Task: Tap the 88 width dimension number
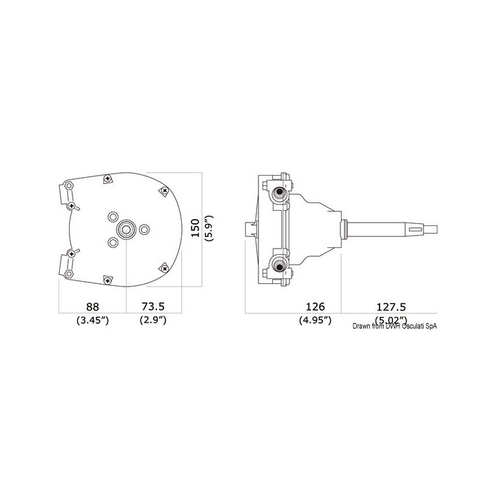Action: [x=92, y=306]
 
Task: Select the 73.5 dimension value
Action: [x=152, y=306]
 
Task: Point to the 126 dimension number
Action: [x=315, y=306]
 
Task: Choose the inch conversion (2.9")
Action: [x=153, y=320]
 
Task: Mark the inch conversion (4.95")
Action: [x=315, y=320]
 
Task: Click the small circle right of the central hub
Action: [x=145, y=228]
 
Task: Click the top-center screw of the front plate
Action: [x=107, y=179]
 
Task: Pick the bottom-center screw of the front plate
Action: [x=107, y=279]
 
